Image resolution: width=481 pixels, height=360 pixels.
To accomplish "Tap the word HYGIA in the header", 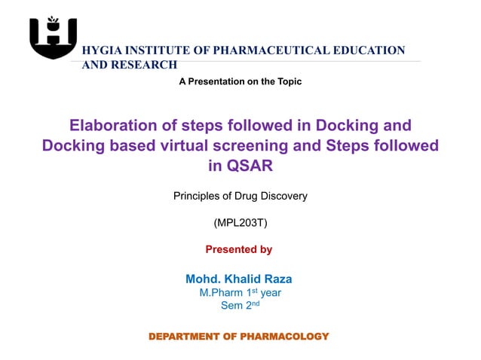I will pos(100,50).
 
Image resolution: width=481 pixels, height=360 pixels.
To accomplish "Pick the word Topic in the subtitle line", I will pos(288,81).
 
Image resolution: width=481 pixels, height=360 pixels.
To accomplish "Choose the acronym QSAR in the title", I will pos(250,165).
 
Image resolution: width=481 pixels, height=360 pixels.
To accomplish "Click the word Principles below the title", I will pos(198,197).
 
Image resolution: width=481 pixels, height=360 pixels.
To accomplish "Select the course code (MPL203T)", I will pos(240,223).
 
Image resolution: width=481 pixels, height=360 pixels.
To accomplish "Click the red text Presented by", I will pos(239,249).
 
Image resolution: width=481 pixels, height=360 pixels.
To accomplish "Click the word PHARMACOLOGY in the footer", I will pos(284,336).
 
